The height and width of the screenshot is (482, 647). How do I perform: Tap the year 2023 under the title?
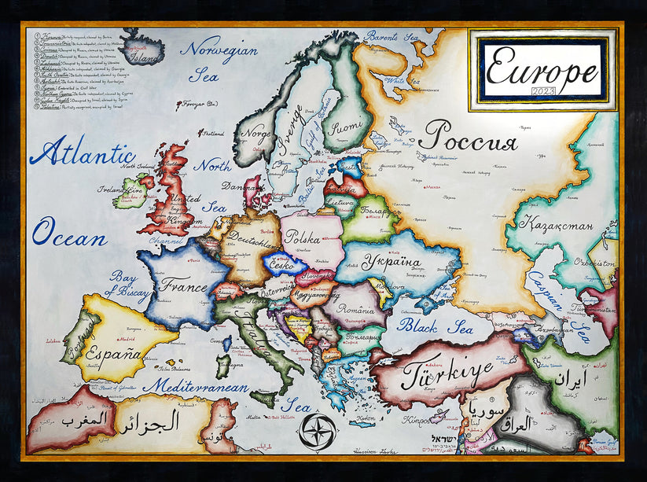pyautogui.click(x=542, y=92)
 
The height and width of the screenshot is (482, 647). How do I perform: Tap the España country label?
pyautogui.click(x=114, y=352)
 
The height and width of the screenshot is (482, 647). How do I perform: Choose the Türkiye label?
pyautogui.click(x=447, y=373)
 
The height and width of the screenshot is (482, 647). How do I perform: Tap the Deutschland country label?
pyautogui.click(x=252, y=239)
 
